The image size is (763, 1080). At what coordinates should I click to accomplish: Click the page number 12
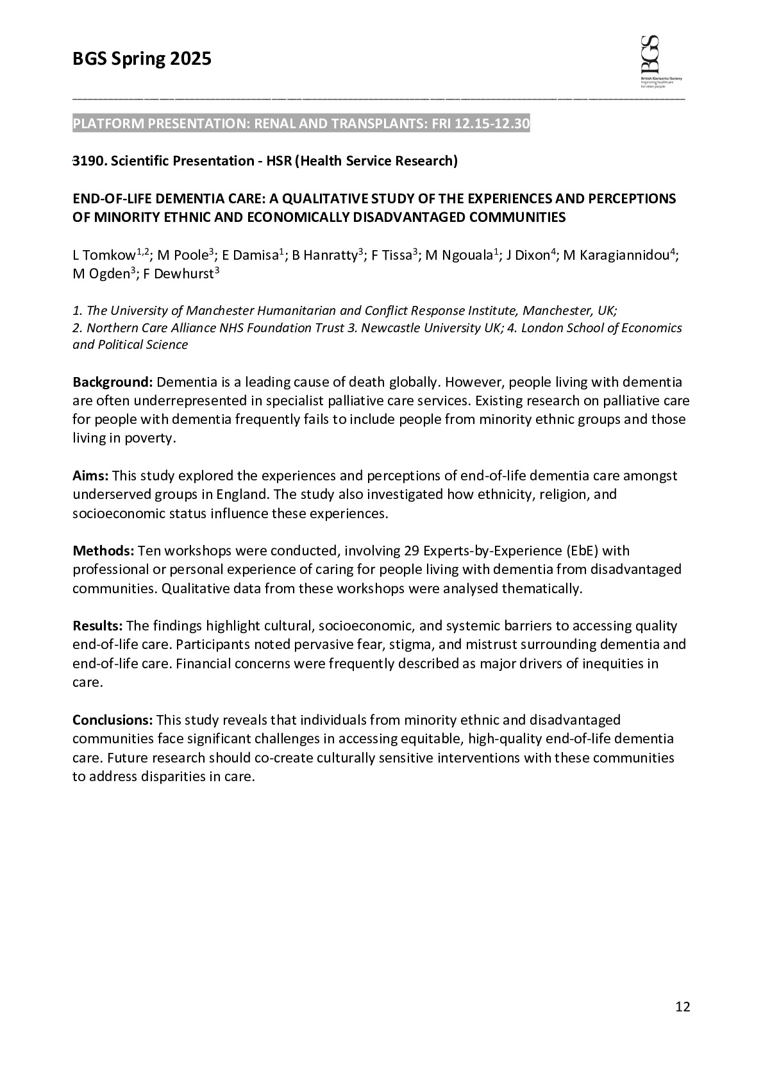click(682, 1007)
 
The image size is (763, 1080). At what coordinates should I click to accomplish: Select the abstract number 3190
click(88, 161)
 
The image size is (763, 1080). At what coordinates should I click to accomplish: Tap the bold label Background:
click(112, 382)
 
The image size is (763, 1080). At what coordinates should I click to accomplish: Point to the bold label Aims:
click(90, 476)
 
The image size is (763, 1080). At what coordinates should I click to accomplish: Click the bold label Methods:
click(103, 551)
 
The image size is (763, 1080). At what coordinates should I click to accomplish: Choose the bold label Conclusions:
click(112, 720)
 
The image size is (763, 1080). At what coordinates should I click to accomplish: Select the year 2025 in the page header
click(190, 59)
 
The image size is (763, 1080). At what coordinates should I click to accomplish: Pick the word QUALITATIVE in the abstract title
click(340, 199)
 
